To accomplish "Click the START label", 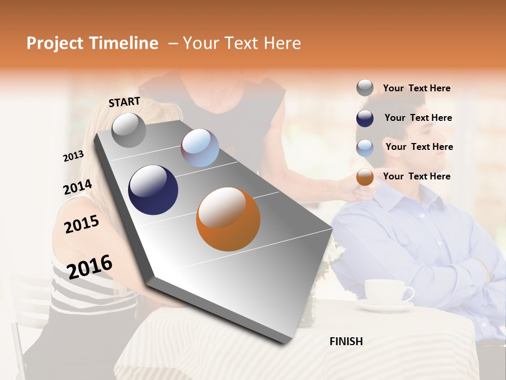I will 124,102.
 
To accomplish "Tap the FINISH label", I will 346,341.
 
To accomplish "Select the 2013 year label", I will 73,156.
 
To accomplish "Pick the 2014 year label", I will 77,187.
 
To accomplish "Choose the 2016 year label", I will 90,267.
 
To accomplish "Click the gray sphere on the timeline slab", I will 129,130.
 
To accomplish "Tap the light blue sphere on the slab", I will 200,148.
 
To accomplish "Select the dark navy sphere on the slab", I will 153,190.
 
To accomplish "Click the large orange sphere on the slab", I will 228,219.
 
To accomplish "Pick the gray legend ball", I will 365,88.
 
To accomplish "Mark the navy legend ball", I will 365,118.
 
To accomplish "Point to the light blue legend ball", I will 365,148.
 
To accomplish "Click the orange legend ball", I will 365,177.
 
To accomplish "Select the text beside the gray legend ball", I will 416,89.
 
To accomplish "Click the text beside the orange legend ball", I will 416,176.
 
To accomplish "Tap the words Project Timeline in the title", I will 92,43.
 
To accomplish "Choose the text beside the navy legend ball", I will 418,118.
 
